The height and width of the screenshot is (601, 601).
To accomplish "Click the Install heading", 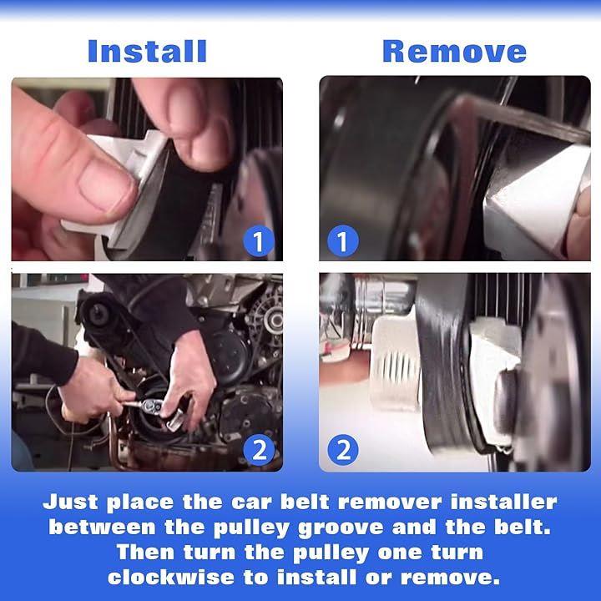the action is click(147, 52).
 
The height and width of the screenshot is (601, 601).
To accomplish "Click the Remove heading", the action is click(455, 52).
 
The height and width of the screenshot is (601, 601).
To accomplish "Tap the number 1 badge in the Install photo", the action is click(259, 241).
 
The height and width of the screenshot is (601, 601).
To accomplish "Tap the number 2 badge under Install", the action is click(259, 450).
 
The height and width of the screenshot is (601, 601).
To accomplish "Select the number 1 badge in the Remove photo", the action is click(343, 241).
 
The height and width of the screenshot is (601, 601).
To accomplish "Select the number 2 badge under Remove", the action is click(343, 450).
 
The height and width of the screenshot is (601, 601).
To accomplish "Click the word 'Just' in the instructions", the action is click(70, 503).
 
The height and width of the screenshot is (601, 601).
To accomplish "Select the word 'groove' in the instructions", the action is click(341, 528).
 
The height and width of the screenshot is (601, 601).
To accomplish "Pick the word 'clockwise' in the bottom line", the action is click(170, 578).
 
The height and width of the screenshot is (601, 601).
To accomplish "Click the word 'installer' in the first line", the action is click(503, 502).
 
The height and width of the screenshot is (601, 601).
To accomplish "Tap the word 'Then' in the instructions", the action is click(145, 553).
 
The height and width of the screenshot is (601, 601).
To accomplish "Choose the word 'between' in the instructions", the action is click(102, 527).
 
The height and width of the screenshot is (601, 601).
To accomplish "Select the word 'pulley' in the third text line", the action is click(331, 553).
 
